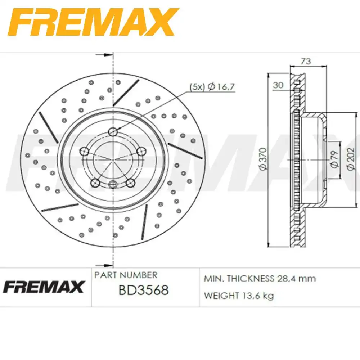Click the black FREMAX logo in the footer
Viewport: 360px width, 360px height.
44,287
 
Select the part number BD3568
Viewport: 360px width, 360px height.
144,290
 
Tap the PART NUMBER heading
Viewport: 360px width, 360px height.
126,275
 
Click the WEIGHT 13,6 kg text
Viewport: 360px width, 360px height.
239,296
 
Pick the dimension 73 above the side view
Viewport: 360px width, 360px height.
306,61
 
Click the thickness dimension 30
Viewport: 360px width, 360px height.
278,85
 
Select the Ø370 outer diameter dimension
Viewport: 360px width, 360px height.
263,158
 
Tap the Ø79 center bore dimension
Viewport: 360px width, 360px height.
334,159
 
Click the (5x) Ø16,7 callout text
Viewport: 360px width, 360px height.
212,86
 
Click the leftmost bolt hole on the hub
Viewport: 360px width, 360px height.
85,151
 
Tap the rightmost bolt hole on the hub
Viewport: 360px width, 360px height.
141,151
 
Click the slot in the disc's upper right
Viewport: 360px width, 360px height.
126,93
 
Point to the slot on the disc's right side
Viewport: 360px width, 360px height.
185,150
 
